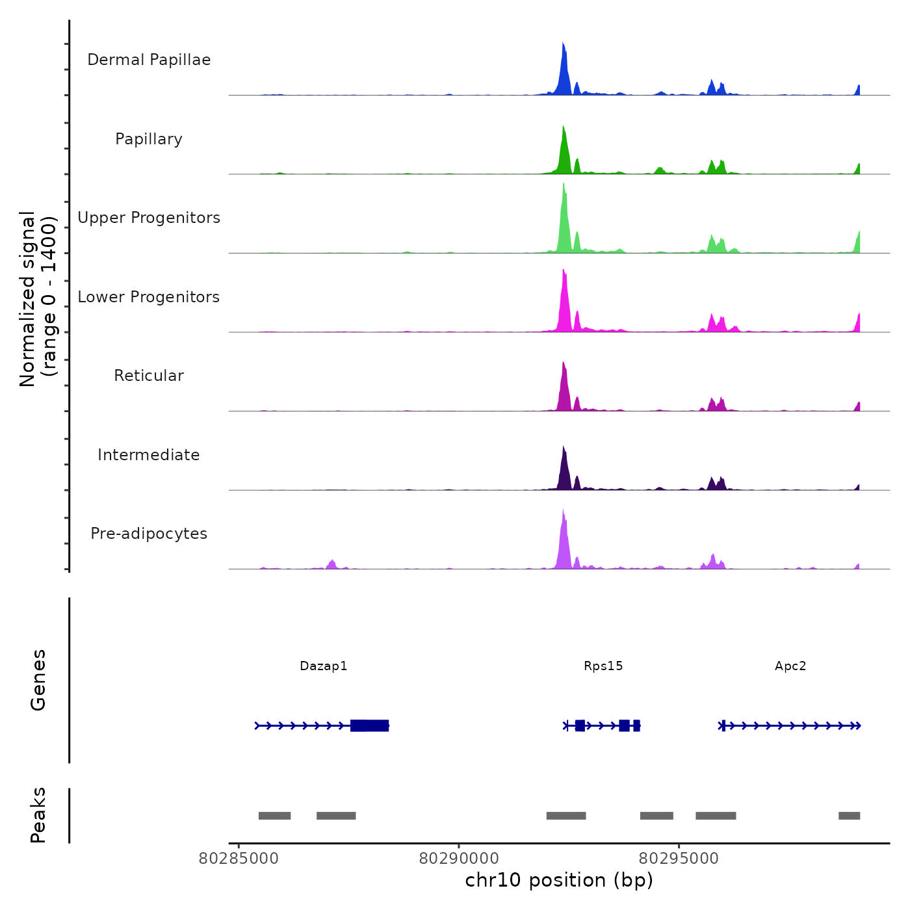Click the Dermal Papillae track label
(x=149, y=60)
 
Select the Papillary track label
(x=149, y=139)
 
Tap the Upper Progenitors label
(x=149, y=218)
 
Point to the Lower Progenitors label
(x=149, y=297)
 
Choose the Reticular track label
(x=149, y=376)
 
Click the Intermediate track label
(x=149, y=455)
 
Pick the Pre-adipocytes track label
(x=149, y=534)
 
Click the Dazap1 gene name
(x=324, y=666)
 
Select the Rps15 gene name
(x=603, y=666)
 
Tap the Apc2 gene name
(x=790, y=666)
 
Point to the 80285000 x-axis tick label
(x=239, y=859)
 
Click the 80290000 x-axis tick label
(x=459, y=859)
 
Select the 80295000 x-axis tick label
(x=679, y=859)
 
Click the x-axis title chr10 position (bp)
(x=559, y=880)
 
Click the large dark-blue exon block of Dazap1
(x=369, y=725)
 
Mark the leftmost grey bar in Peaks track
(x=274, y=816)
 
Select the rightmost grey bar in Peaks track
(x=849, y=816)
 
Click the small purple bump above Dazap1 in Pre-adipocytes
(x=332, y=564)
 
